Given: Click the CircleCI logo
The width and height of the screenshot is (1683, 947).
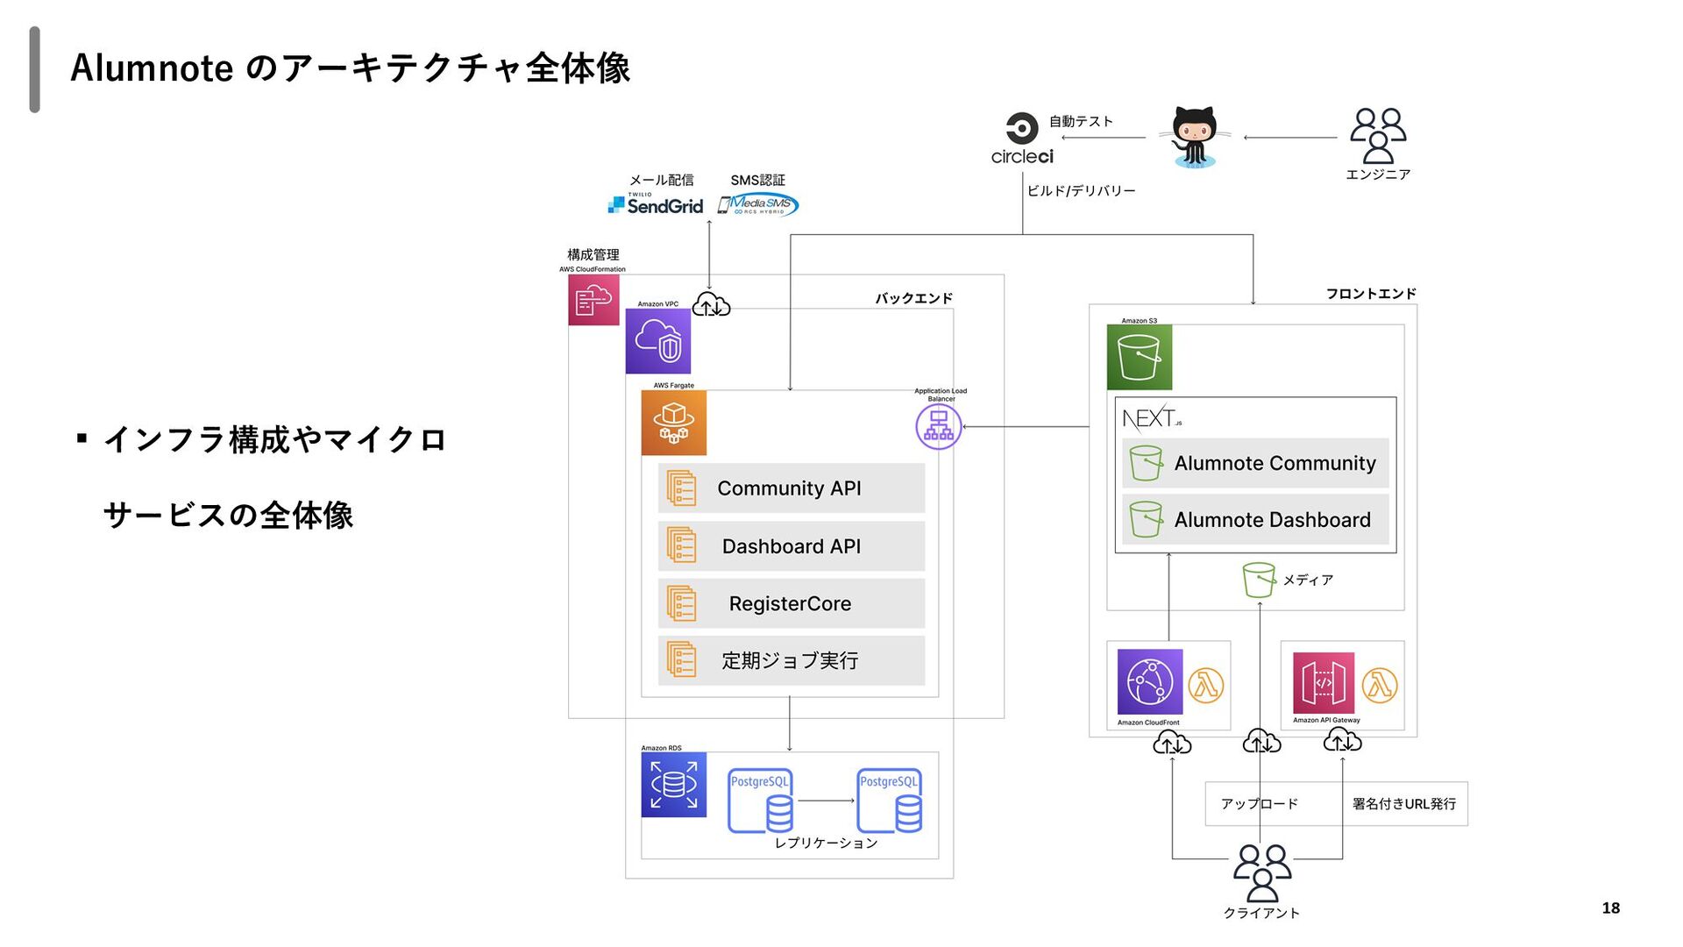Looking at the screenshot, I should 1022,139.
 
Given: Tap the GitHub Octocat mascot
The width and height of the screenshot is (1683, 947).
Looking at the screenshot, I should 1194,137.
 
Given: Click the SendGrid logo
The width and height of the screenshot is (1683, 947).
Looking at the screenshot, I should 656,205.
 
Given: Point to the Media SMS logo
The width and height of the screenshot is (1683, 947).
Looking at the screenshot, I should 758,205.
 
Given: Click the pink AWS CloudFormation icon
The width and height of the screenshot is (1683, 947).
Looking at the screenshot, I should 593,300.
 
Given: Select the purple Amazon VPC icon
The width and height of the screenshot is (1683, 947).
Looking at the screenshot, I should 658,341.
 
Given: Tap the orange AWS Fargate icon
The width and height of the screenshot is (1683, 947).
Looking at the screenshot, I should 673,423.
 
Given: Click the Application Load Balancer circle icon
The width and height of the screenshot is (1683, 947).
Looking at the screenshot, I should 939,426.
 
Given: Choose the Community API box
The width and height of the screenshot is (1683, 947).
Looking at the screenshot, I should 791,488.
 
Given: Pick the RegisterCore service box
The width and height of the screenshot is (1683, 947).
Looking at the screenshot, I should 791,603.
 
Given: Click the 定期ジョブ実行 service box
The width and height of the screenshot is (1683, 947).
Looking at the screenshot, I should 791,660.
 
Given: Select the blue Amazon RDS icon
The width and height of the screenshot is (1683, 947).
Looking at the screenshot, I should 673,785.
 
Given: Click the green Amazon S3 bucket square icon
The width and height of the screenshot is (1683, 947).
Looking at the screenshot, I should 1139,357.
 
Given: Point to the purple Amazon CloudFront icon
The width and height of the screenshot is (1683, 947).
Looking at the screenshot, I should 1150,682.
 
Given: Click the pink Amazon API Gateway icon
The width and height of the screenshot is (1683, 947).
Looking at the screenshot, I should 1324,683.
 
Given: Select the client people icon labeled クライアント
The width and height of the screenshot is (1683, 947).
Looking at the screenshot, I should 1262,873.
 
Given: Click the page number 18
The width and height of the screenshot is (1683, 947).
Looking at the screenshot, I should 1611,908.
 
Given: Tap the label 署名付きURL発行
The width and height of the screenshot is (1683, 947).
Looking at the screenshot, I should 1404,804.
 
